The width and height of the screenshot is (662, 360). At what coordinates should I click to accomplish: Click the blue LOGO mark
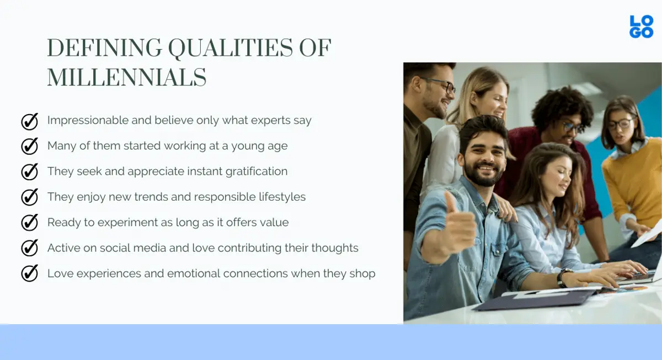coord(641,26)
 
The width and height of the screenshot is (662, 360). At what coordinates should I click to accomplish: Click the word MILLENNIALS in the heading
coord(126,78)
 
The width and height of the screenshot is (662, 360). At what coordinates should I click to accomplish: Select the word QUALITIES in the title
coord(230,49)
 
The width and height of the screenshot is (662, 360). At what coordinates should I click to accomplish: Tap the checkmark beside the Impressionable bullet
coord(29,121)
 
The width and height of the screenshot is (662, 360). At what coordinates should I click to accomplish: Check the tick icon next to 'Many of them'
coord(29,146)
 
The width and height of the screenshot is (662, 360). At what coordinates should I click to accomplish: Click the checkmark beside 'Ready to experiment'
coord(29,223)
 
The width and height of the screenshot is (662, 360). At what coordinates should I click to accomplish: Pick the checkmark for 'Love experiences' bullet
coord(29,273)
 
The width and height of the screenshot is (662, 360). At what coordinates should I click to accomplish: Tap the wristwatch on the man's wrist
coord(562,277)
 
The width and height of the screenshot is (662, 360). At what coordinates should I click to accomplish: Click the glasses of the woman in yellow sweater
coord(620,123)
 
